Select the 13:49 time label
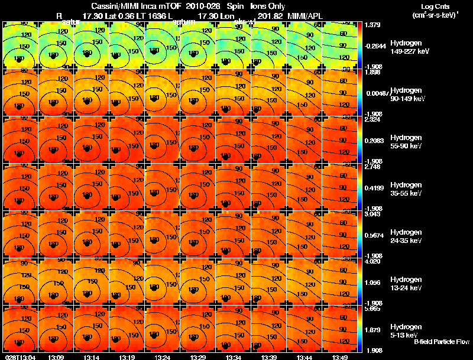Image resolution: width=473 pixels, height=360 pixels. point(339,357)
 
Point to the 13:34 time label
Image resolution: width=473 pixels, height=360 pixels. point(233,357)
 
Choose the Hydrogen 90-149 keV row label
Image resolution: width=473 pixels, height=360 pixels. point(409,94)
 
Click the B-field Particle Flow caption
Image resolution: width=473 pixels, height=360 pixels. point(441,342)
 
